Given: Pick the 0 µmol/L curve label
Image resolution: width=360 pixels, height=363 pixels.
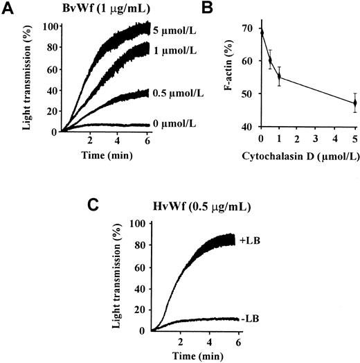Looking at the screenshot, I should (x=176, y=124).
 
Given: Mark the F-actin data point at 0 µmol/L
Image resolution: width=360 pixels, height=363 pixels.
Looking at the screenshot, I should (x=262, y=32).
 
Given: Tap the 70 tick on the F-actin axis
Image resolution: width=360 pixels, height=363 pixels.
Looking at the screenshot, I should (x=246, y=28).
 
